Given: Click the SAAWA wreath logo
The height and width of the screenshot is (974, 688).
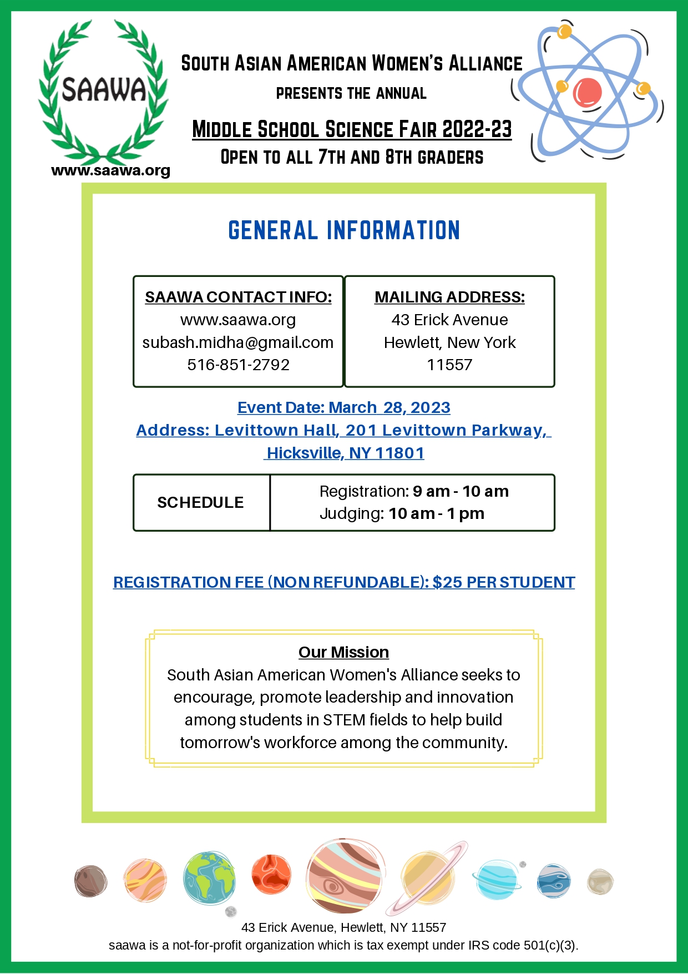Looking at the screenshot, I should coord(103,92).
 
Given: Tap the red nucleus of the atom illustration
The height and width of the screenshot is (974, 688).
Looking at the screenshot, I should coord(587,92).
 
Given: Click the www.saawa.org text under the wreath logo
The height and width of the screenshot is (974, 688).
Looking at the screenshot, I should coord(110,170).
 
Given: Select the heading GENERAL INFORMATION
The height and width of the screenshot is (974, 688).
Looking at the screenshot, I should coord(344,230).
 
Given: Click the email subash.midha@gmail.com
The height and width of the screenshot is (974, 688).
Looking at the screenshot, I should coord(238,342).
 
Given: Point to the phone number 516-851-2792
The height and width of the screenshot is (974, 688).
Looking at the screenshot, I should coord(238,365).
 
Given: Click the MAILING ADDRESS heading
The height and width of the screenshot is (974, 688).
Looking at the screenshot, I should coord(449,297).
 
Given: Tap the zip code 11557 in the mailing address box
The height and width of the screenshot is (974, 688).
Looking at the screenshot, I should coord(449,365).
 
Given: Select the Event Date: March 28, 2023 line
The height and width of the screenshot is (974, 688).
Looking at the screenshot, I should coord(344,407).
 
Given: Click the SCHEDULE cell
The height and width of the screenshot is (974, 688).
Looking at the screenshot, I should coord(201,502).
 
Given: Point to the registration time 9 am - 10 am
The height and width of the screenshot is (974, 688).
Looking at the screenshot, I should coord(461,491).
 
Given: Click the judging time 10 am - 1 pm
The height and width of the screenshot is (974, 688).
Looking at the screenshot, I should coord(436,513).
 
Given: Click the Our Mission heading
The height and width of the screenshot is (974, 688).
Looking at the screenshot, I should coord(344,652).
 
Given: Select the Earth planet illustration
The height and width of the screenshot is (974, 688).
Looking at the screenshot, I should coord(209,879).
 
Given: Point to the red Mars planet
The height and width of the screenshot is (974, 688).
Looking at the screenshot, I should coord(271,875).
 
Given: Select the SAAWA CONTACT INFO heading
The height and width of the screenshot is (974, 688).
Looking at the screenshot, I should coord(238,297).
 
